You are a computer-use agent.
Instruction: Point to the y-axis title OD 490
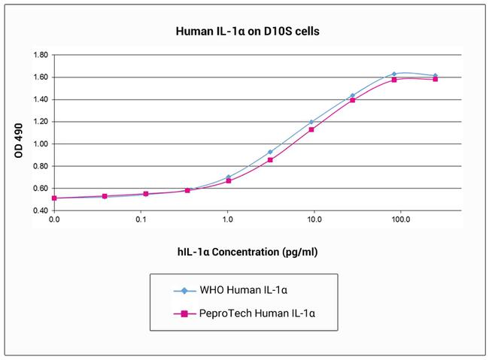click(x=19, y=139)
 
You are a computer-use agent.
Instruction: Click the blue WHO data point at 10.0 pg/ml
click(x=311, y=122)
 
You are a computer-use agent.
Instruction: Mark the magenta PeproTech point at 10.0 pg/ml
click(x=311, y=129)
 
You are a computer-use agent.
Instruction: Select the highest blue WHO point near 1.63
click(x=394, y=74)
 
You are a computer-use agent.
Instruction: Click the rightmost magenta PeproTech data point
click(x=436, y=79)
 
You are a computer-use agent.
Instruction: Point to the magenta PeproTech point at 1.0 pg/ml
click(x=229, y=180)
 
